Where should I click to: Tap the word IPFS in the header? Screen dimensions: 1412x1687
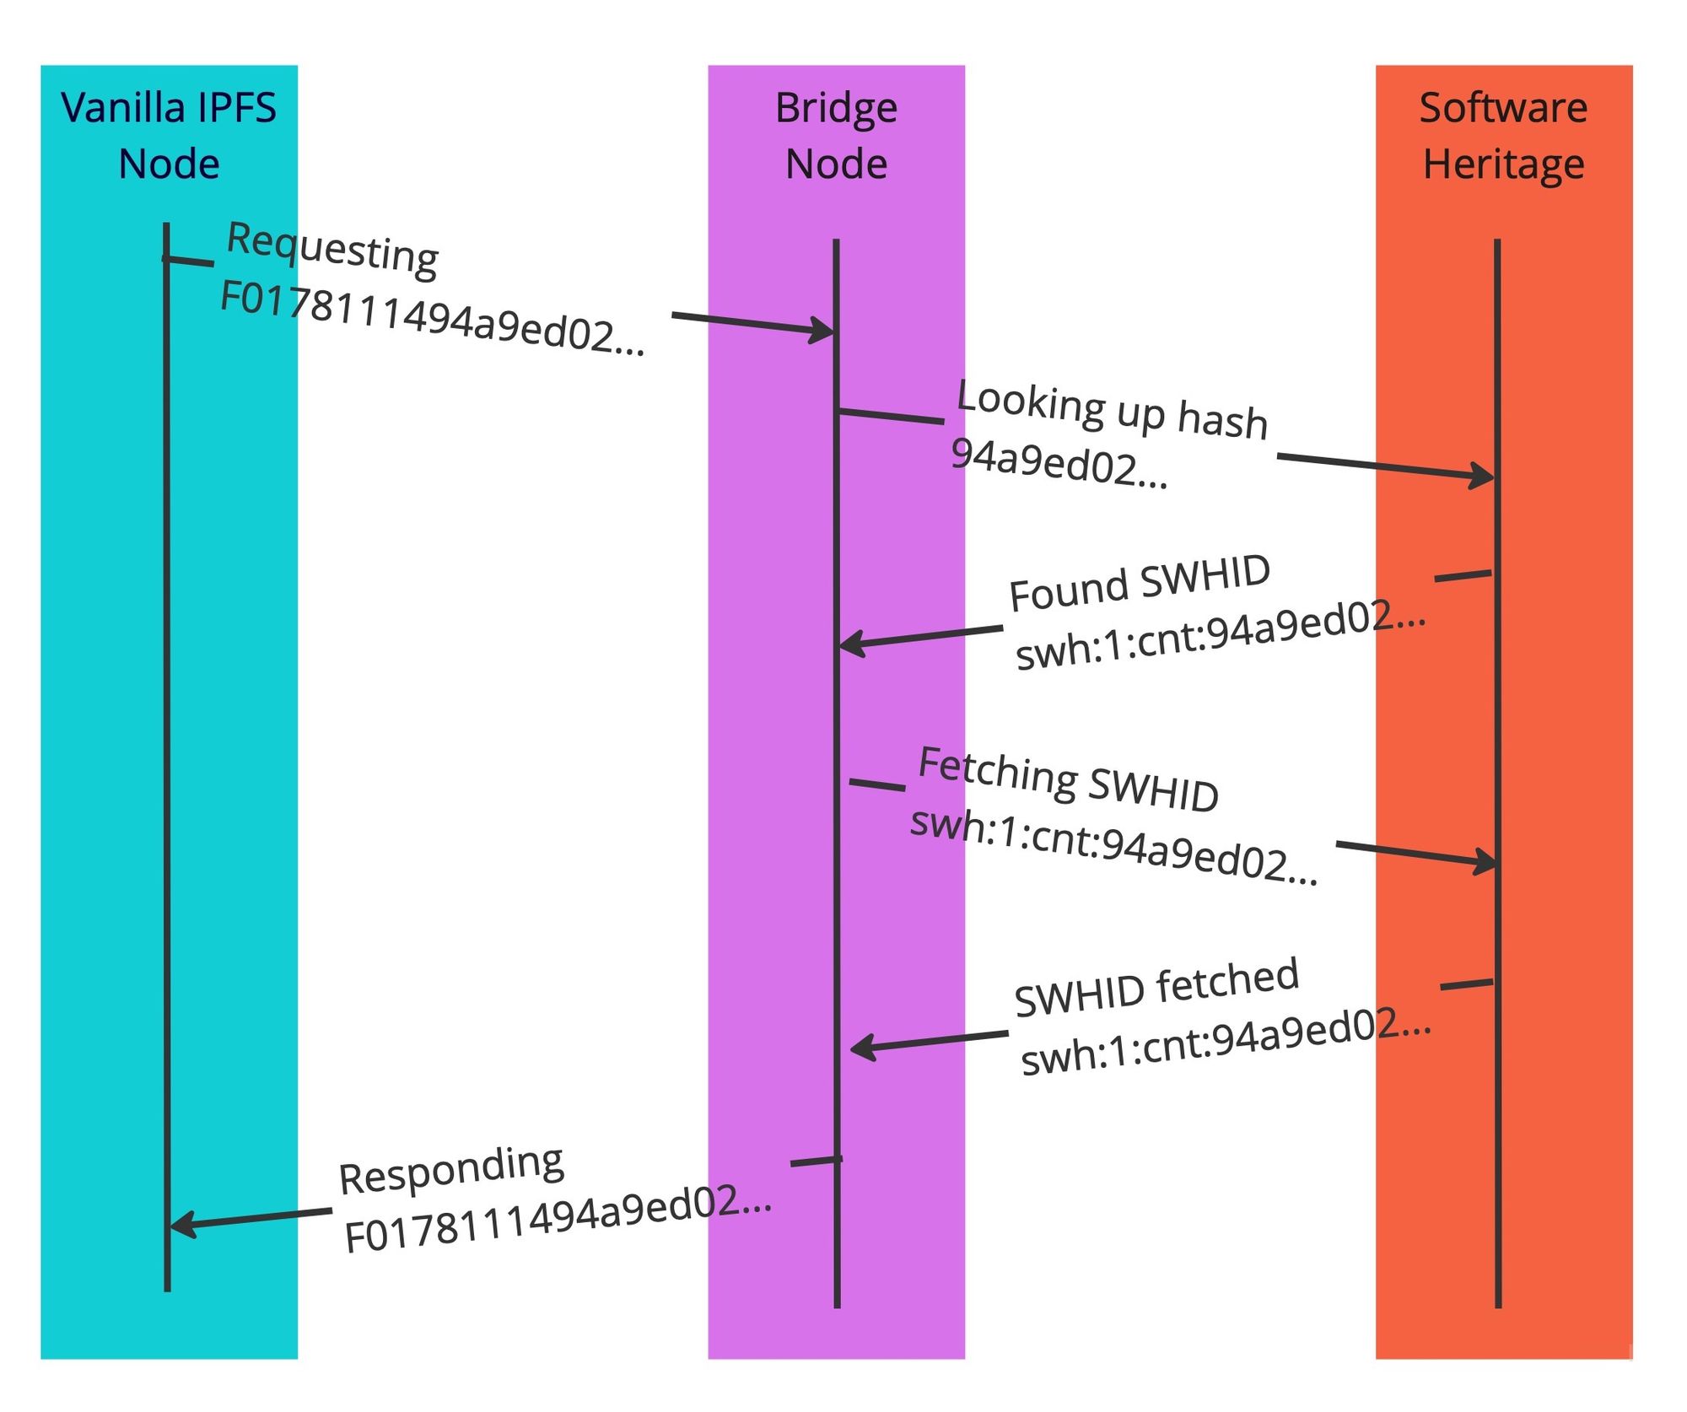(236, 108)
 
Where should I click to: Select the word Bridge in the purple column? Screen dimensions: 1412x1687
(836, 108)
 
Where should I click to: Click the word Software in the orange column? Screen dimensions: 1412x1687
(1503, 108)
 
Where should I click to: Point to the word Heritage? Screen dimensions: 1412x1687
(1503, 164)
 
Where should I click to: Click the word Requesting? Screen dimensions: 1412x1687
(333, 248)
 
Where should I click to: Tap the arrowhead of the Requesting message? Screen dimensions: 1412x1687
(823, 330)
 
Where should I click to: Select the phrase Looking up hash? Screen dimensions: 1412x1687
(1113, 410)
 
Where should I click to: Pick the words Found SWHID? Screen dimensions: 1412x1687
(1140, 583)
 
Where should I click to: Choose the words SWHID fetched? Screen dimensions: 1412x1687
(1156, 987)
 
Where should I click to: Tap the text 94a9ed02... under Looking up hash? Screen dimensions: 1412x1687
(1059, 463)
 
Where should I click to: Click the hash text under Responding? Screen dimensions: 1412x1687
(558, 1219)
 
